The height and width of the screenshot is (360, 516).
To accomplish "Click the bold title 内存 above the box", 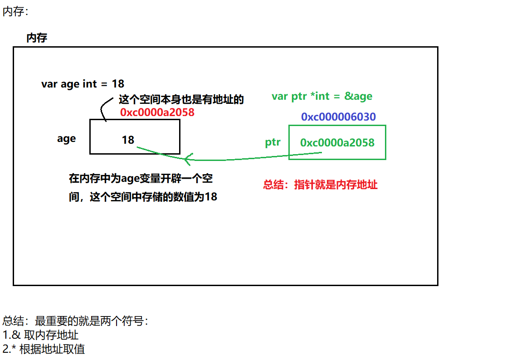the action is point(37,38).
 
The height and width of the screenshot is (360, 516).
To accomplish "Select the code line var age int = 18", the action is point(83,84).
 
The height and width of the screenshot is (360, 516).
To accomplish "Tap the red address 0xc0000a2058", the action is point(157,112).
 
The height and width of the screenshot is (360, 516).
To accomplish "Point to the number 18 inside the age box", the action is point(128,140).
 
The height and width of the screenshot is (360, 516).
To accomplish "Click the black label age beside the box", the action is point(66,138).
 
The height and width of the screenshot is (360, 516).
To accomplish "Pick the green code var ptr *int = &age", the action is point(321,96).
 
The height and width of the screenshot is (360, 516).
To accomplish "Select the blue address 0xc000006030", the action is point(338,117).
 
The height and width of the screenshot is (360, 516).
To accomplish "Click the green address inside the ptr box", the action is point(337,143).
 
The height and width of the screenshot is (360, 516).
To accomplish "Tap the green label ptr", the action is point(273,142).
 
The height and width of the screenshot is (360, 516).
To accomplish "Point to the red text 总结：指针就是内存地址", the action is point(320,185).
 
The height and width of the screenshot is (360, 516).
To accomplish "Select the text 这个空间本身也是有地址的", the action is point(181,100).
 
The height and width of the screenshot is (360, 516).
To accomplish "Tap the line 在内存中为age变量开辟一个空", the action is point(141,178).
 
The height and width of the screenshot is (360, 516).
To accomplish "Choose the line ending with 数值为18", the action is point(143,197).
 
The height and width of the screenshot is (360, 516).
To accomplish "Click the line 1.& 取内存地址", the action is point(40,335).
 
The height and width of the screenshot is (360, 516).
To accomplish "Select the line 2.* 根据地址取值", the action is point(44,349).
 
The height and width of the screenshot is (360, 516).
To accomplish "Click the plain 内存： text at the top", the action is point(15,12).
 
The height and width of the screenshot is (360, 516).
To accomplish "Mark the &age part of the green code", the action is point(358,96).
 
